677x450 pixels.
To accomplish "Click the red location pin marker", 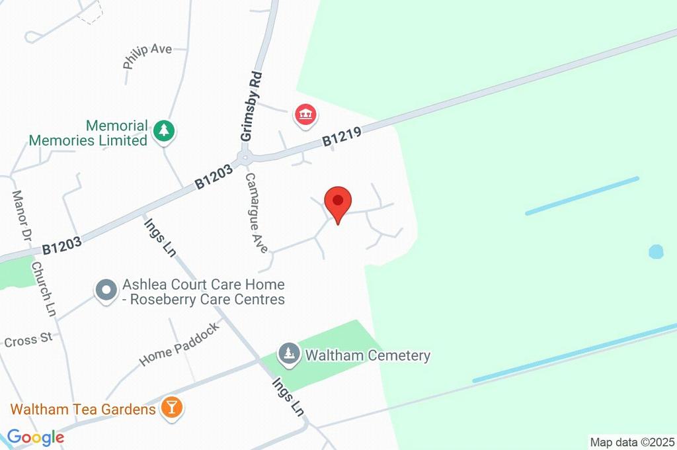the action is pos(338,201).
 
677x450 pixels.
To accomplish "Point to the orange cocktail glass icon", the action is pos(172,408).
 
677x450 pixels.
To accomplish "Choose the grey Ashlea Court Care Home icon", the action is pos(105,290).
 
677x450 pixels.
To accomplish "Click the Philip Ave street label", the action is pos(147,56).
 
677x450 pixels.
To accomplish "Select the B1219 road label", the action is pos(341,137).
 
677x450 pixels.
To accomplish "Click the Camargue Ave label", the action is pos(256,213).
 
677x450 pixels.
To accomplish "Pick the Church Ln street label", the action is pos(44,289).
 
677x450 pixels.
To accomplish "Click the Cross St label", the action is pos(28,341).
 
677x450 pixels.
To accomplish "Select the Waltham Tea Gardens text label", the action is pos(83,409).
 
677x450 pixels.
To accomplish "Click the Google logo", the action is pos(35,437).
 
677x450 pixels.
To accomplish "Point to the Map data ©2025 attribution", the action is pos(632,441).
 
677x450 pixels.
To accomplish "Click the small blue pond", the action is pos(655,251).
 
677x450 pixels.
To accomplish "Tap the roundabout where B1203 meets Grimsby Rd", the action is pos(246,157).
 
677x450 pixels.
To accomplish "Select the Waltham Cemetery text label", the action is pos(368,355).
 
